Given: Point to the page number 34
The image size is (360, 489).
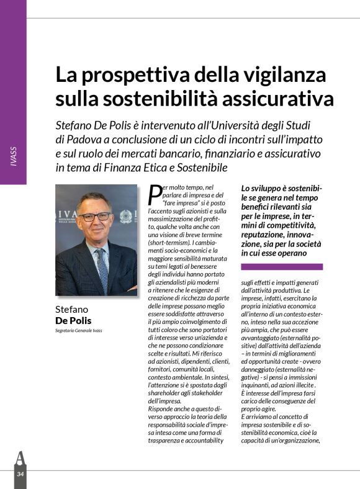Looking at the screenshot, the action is pos(20,474).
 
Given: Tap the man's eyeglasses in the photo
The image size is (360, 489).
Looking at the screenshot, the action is pos(94,217).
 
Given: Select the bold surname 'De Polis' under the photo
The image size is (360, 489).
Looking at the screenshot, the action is pos(73,320).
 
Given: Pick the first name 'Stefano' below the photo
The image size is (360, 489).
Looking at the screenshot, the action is pos(72,309).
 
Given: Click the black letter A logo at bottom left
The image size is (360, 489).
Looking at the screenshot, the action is pos(20,459).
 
